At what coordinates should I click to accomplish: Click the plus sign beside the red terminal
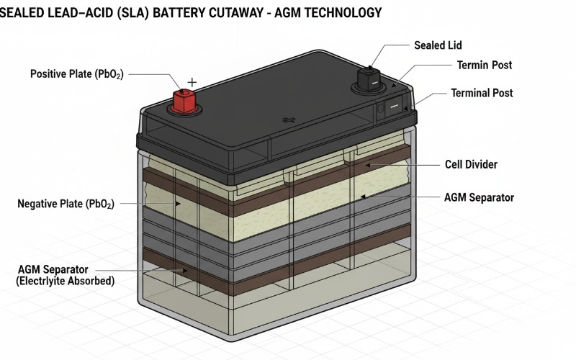point(192,82)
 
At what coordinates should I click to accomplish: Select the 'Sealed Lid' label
point(439,45)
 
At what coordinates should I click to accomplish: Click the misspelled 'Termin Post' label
point(485,66)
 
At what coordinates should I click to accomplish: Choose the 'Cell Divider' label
point(471,165)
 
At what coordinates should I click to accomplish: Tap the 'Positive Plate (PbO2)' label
point(76,74)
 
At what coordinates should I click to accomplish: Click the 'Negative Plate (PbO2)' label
point(66,204)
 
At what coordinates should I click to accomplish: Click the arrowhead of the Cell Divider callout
point(367,165)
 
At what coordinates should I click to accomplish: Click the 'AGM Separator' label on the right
point(478,197)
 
